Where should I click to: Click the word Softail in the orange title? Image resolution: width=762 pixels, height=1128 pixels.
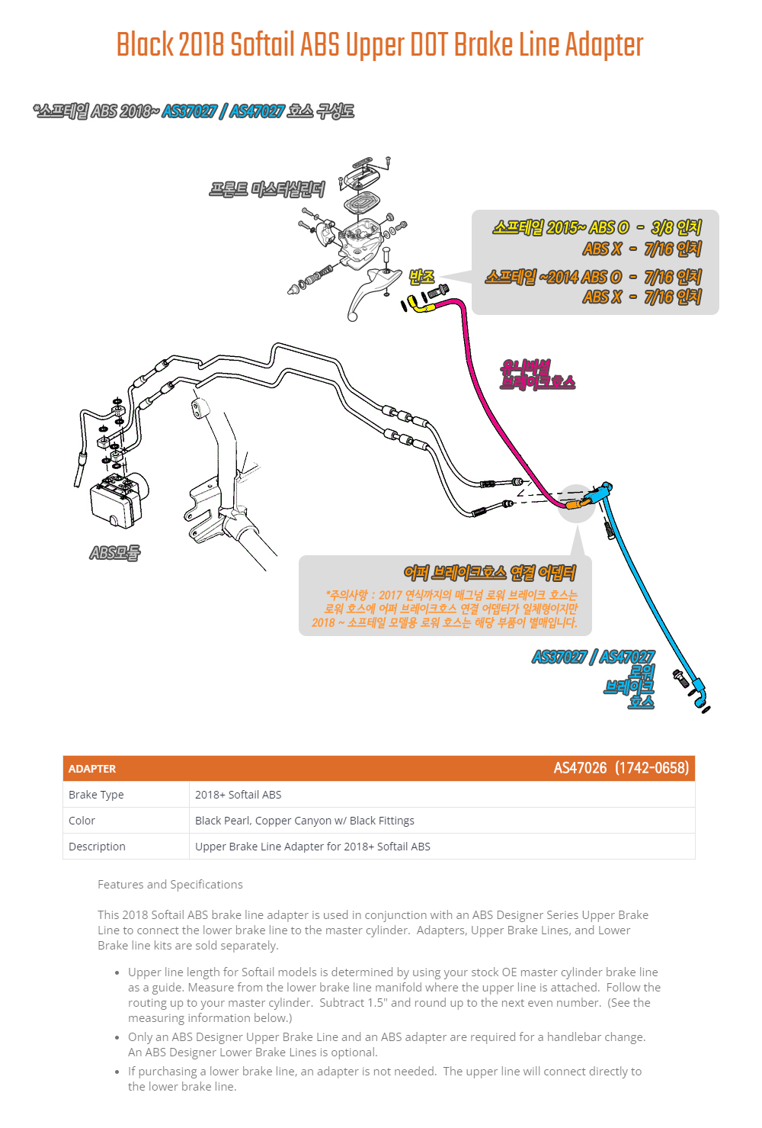point(263,45)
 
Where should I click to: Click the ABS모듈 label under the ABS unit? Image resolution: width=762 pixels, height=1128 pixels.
point(114,552)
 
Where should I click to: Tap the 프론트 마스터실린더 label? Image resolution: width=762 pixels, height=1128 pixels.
point(267,189)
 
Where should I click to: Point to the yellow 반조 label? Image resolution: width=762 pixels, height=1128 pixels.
point(421,277)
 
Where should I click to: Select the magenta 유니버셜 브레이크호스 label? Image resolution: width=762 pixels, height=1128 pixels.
point(537,374)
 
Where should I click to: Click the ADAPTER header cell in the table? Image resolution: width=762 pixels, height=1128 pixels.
point(92,769)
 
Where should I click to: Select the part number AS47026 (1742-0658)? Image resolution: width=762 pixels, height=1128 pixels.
point(621,768)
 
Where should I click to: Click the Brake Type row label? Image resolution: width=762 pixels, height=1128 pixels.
point(96,795)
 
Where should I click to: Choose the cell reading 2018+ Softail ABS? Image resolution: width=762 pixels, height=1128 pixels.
point(238,795)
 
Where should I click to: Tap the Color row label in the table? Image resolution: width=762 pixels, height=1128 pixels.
point(82,821)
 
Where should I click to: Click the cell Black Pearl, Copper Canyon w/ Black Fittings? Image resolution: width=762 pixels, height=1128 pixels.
point(305,821)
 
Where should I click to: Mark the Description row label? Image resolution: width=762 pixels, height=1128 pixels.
point(97,847)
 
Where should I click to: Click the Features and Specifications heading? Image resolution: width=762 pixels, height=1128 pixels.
point(170,885)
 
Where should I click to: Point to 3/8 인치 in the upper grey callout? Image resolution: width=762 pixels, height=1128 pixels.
point(676,227)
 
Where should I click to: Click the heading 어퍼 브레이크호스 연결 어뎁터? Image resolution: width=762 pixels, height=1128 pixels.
point(489,573)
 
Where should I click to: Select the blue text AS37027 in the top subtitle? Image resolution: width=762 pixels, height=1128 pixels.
point(189,111)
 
